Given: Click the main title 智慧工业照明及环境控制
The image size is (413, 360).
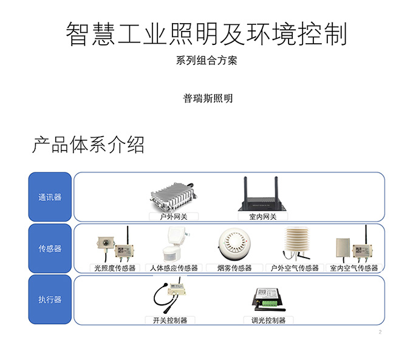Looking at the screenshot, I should pyautogui.click(x=206, y=35).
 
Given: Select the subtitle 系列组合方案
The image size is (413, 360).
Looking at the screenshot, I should pyautogui.click(x=206, y=61).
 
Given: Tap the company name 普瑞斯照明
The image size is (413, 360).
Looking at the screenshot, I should pyautogui.click(x=208, y=98).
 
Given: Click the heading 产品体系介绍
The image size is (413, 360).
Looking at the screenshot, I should pyautogui.click(x=88, y=145).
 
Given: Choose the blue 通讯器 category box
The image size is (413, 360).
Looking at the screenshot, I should pyautogui.click(x=50, y=197).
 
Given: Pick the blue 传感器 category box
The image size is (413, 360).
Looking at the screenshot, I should pyautogui.click(x=50, y=248).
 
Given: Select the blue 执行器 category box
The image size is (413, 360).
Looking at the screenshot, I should pyautogui.click(x=50, y=299).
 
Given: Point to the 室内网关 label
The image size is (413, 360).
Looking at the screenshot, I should pyautogui.click(x=262, y=216).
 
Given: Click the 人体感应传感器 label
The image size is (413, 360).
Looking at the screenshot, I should pyautogui.click(x=174, y=268).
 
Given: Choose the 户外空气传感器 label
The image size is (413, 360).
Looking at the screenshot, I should pyautogui.click(x=294, y=268).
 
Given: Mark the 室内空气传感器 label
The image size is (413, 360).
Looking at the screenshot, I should pyautogui.click(x=353, y=268).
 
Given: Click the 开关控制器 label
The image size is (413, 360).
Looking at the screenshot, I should pyautogui.click(x=170, y=320).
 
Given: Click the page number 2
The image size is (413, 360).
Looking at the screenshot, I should pyautogui.click(x=380, y=332).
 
